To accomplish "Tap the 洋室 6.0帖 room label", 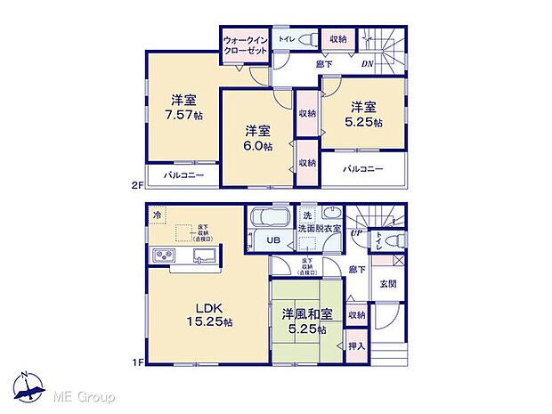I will click(259, 138).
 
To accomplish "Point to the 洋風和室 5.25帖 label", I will click(305, 321).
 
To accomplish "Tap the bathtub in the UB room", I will click(268, 218).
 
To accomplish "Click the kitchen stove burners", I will click(165, 256).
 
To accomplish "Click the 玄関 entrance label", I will click(388, 285).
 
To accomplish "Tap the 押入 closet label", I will click(355, 346).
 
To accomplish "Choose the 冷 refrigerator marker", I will click(158, 215).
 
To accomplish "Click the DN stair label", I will click(367, 64).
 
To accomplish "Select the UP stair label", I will click(355, 233).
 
